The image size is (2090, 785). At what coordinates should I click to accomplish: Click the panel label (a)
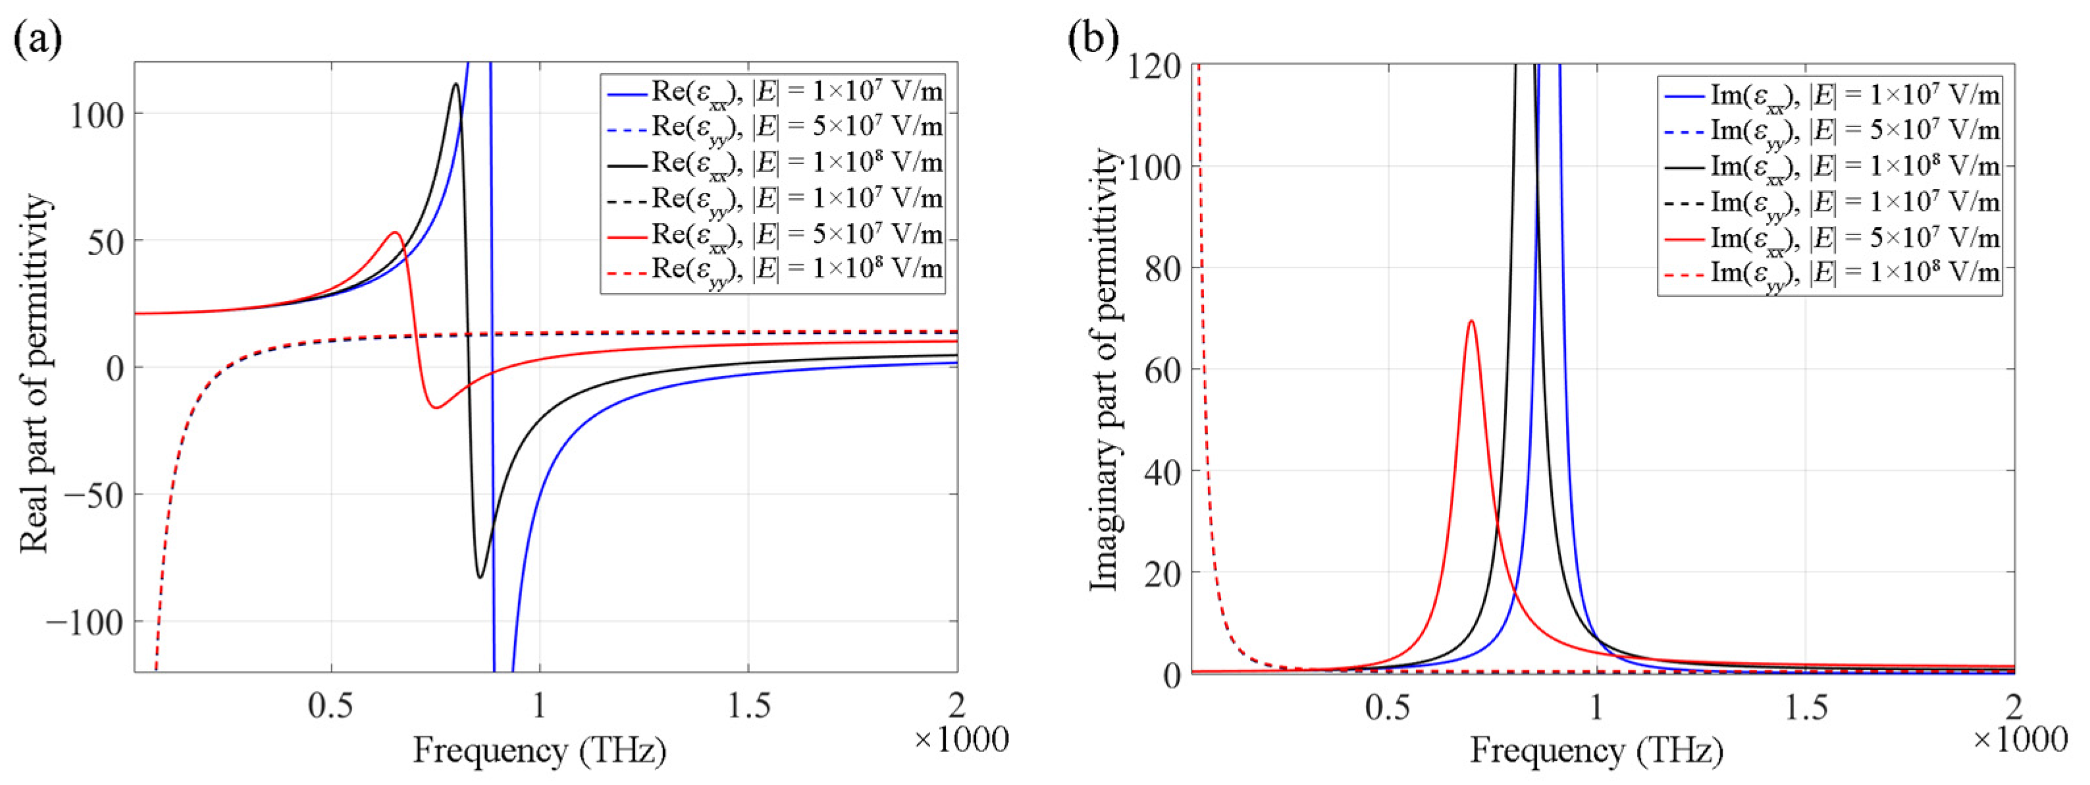[x=38, y=39]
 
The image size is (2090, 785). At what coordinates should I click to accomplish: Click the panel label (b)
[x=1093, y=38]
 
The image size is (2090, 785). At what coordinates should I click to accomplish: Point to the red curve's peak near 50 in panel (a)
[x=395, y=233]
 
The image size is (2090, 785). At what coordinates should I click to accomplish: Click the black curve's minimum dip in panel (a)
[x=479, y=577]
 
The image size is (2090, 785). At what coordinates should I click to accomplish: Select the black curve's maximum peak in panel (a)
[x=456, y=84]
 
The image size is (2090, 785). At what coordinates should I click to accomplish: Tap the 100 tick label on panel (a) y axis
[x=95, y=115]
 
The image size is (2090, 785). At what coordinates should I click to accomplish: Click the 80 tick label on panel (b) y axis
[x=1163, y=269]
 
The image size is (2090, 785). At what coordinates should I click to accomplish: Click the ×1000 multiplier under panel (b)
[x=2020, y=740]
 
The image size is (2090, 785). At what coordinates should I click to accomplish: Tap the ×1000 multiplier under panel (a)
[x=962, y=740]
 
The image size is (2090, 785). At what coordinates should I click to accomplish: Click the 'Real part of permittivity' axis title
[x=35, y=373]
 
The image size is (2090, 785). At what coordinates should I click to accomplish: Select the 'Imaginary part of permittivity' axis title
[x=1103, y=369]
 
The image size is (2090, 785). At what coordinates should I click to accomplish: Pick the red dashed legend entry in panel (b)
[x=1831, y=273]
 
